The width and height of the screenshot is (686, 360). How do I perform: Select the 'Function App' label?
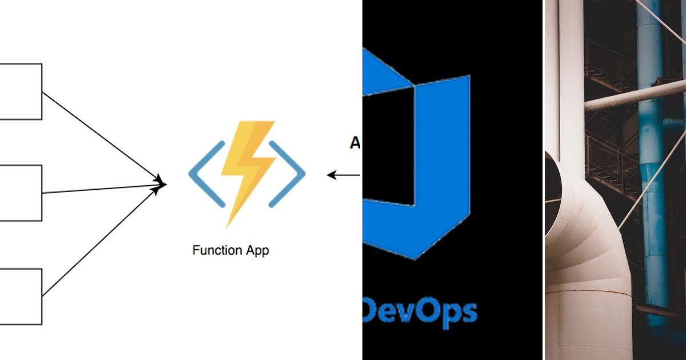tap(230, 250)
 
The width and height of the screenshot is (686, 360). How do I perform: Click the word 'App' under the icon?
tap(257, 251)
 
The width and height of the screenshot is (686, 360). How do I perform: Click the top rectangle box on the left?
tap(21, 91)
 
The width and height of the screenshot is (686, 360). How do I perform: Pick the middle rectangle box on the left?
tap(21, 193)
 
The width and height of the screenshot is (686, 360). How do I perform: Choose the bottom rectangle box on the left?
tap(21, 296)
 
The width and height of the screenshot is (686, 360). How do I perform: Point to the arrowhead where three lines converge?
tap(162, 184)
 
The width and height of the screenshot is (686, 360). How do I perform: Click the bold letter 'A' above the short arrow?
tap(355, 144)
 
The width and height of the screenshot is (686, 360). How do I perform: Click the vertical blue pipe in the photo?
tap(652, 171)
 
